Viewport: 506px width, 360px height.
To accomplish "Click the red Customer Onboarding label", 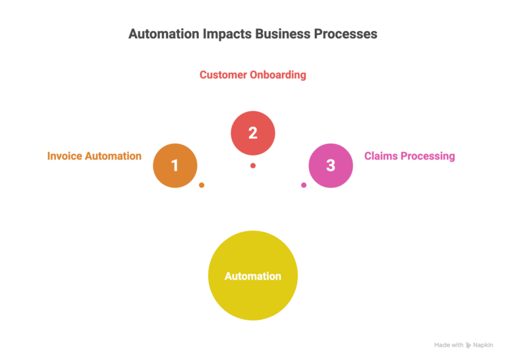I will [x=252, y=75].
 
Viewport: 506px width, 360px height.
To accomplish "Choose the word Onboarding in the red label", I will [x=277, y=75].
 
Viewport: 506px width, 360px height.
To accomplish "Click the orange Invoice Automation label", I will [x=94, y=156].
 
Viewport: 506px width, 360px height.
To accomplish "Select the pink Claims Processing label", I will [x=409, y=156].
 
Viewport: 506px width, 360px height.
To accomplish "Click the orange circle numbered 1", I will [x=175, y=165].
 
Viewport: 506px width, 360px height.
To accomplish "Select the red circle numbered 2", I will [x=252, y=133].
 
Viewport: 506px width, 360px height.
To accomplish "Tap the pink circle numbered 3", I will [x=331, y=165].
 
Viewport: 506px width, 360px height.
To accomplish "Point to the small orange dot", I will [x=202, y=185].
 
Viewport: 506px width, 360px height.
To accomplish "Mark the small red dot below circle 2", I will [x=252, y=165].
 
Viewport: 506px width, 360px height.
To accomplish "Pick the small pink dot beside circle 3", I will [x=304, y=185].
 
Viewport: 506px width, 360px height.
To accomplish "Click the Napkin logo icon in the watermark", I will [x=468, y=345].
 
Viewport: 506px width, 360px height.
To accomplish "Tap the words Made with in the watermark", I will [x=448, y=345].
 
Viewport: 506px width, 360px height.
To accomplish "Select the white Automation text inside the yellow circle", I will [x=252, y=276].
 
